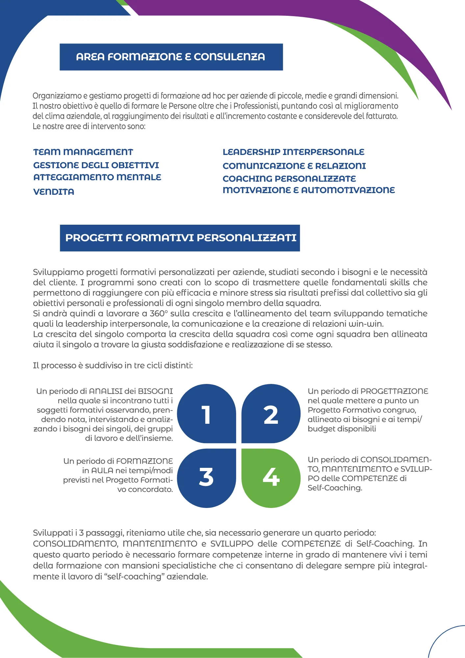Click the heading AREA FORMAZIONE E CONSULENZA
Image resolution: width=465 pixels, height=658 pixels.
tap(171, 57)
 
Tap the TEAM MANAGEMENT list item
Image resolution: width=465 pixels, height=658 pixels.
tap(83, 152)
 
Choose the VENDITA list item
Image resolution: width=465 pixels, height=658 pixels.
tap(54, 192)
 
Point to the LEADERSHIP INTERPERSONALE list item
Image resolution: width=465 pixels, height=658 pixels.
tap(293, 152)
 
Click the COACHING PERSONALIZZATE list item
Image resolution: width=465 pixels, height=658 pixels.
tap(289, 179)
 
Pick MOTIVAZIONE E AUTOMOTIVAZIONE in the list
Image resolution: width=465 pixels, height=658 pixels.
tap(308, 190)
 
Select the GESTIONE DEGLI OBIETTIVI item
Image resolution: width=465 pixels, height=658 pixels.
tap(96, 165)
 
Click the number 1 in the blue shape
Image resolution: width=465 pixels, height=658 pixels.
tap(206, 415)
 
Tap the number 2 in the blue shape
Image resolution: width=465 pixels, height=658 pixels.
tap(271, 415)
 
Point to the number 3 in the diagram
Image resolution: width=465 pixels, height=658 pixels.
tap(206, 477)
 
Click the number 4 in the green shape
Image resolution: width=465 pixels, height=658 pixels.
tap(271, 477)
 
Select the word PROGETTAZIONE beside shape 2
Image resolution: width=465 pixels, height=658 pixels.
tap(394, 391)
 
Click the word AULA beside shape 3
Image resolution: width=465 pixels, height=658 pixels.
tap(102, 470)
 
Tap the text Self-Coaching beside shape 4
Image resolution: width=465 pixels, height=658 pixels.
tap(335, 488)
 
